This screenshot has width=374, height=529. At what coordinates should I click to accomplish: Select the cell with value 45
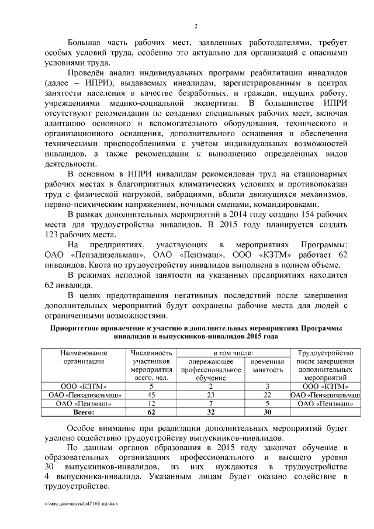[151, 395]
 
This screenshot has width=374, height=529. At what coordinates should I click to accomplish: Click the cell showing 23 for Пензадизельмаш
[210, 395]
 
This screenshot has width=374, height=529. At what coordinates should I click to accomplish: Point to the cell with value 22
[266, 395]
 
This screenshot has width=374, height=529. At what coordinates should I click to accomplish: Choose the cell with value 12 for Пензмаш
[151, 404]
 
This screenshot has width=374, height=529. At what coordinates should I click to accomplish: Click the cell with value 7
[210, 404]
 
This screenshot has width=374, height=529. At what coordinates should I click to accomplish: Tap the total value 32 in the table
[210, 413]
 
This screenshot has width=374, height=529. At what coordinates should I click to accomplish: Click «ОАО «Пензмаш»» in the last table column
[323, 404]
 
